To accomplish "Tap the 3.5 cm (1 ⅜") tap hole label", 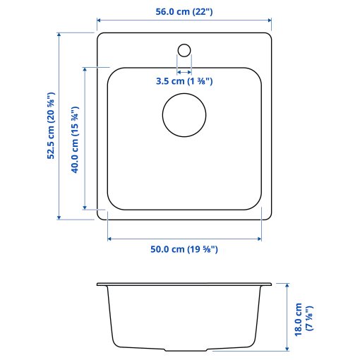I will [184, 81].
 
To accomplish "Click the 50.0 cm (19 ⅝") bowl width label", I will [184, 249].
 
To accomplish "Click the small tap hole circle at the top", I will [184, 50].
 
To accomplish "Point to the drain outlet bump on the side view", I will [184, 349].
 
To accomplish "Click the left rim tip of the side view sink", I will [98, 284].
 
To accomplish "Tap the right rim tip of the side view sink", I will [270, 284].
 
